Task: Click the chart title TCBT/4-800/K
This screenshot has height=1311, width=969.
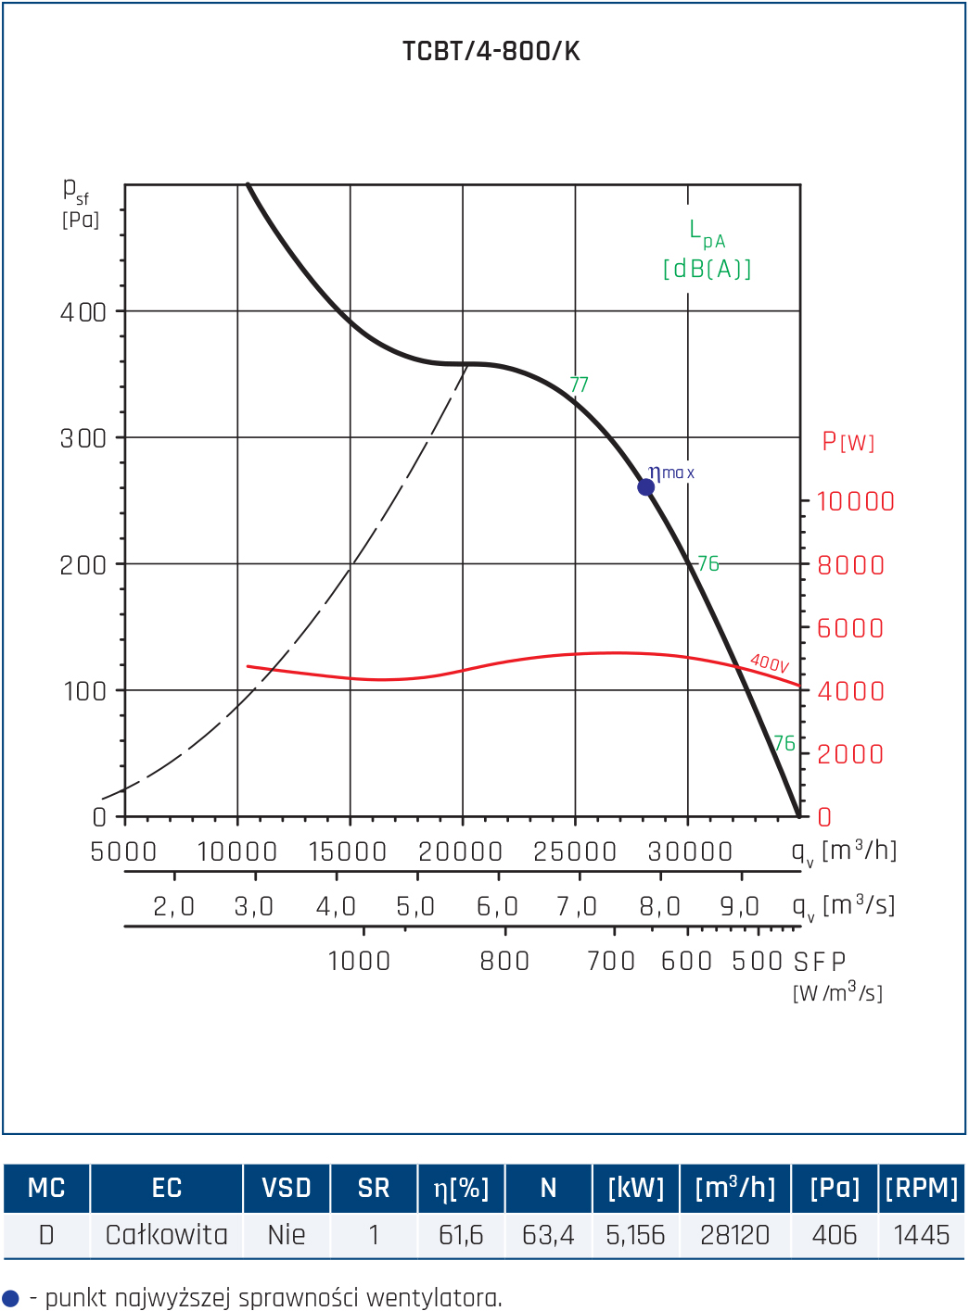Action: pyautogui.click(x=491, y=52)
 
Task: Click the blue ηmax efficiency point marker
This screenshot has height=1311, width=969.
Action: pyautogui.click(x=646, y=487)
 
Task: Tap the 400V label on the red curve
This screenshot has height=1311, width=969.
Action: pyautogui.click(x=770, y=663)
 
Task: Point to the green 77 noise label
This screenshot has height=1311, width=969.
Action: pyautogui.click(x=580, y=384)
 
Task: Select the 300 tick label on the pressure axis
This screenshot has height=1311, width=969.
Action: pyautogui.click(x=83, y=439)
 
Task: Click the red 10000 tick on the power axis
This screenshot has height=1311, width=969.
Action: pyautogui.click(x=856, y=502)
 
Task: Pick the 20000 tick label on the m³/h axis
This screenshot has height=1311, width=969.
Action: pyautogui.click(x=460, y=851)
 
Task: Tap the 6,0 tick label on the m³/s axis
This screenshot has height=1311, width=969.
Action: pyautogui.click(x=497, y=906)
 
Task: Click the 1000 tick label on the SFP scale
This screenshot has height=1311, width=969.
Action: pyautogui.click(x=360, y=962)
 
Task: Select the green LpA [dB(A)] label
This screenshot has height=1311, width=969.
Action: pyautogui.click(x=707, y=249)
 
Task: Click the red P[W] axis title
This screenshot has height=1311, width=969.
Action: pyautogui.click(x=848, y=442)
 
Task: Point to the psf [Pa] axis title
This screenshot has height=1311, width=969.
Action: pyautogui.click(x=81, y=203)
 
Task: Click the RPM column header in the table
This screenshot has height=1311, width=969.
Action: pyautogui.click(x=921, y=1188)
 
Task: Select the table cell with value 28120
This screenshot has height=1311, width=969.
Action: pyautogui.click(x=734, y=1235)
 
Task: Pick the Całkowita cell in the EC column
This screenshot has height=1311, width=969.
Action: pyautogui.click(x=166, y=1235)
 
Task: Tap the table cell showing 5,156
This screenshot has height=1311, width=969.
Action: pyautogui.click(x=635, y=1236)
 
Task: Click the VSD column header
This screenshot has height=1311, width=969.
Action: pyautogui.click(x=287, y=1188)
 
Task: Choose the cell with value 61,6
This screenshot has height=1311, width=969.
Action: pyautogui.click(x=461, y=1236)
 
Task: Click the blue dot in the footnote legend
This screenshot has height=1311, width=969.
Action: pyautogui.click(x=10, y=1299)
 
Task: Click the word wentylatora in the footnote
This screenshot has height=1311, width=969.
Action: pyautogui.click(x=434, y=1299)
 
